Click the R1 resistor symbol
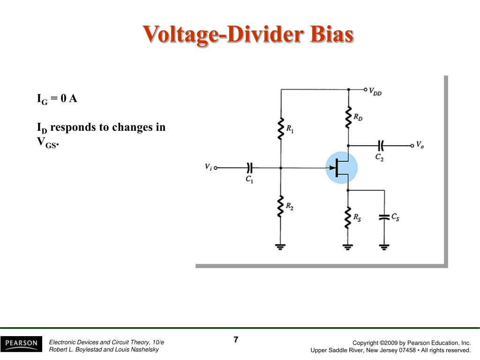[281, 129]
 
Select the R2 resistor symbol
[281, 207]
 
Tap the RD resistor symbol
[348, 117]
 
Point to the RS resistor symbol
[348, 218]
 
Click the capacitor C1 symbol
[249, 167]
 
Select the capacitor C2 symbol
[380, 145]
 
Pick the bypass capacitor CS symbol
[384, 217]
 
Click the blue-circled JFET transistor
[342, 168]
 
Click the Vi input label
[208, 167]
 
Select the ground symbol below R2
[281, 246]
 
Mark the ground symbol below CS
[384, 246]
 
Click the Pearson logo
[21, 344]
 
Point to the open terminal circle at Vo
[412, 145]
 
